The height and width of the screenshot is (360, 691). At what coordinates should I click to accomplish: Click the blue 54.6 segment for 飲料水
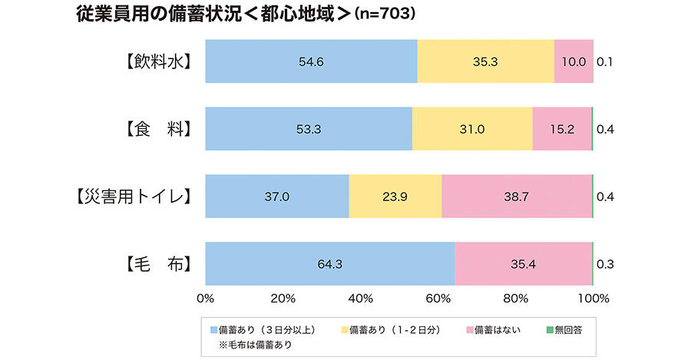click(311, 61)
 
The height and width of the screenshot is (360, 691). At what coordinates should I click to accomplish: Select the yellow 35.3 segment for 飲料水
click(485, 61)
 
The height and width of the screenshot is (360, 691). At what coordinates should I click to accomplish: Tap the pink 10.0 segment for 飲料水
click(574, 61)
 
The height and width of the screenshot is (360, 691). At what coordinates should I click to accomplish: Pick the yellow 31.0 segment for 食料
click(472, 129)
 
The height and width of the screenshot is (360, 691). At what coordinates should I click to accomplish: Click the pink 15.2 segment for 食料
click(562, 129)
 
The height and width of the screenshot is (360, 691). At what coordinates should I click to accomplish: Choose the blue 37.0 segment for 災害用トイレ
click(277, 197)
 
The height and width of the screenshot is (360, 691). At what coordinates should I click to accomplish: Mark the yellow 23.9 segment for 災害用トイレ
click(395, 197)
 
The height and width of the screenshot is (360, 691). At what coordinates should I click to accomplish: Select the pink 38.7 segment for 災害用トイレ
click(517, 197)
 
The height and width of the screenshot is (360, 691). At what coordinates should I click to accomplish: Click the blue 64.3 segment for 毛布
click(330, 264)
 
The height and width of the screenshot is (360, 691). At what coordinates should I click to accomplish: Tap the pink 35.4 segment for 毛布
click(524, 264)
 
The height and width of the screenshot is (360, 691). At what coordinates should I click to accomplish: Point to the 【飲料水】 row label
click(158, 61)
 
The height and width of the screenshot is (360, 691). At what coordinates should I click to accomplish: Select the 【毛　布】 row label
click(158, 264)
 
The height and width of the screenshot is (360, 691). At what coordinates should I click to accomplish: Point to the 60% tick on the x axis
click(438, 298)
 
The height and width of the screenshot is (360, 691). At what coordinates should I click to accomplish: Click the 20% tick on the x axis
click(283, 298)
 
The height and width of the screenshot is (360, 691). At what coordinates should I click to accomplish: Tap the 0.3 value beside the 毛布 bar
click(605, 264)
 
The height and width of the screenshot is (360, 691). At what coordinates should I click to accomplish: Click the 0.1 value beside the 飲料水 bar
click(605, 61)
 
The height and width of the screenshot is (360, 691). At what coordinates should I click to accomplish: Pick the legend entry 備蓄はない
click(498, 329)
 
